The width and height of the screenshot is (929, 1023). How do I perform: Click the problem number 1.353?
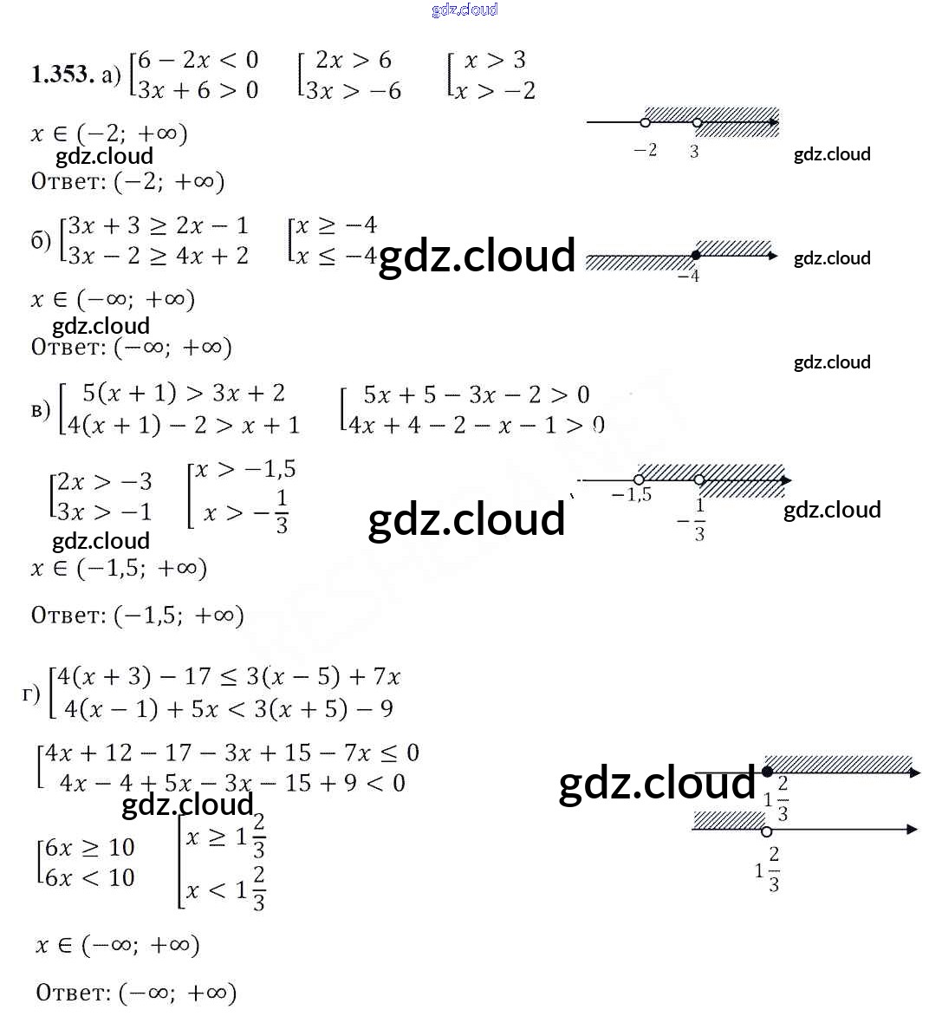62,75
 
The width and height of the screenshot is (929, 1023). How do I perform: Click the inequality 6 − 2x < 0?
198,60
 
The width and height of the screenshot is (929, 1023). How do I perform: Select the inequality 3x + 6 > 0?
198,90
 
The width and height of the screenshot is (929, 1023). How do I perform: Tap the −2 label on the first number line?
646,151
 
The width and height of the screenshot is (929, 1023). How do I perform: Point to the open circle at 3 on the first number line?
697,123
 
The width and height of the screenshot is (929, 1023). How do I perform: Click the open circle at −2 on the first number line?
645,122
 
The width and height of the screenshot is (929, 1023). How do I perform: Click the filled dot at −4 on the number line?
695,255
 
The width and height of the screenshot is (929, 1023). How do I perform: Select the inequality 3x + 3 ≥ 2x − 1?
159,225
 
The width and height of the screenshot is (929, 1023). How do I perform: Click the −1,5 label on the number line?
632,495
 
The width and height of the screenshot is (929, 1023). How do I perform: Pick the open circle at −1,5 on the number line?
639,479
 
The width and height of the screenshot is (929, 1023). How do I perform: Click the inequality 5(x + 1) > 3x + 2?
183,393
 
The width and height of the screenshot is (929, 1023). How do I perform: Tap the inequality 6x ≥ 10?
89,847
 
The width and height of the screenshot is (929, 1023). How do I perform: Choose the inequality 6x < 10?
89,877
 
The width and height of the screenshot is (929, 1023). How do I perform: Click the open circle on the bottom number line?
766,831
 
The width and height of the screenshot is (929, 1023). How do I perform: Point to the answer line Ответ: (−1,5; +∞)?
137,615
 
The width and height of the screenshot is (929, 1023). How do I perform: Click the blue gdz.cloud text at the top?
464,10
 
